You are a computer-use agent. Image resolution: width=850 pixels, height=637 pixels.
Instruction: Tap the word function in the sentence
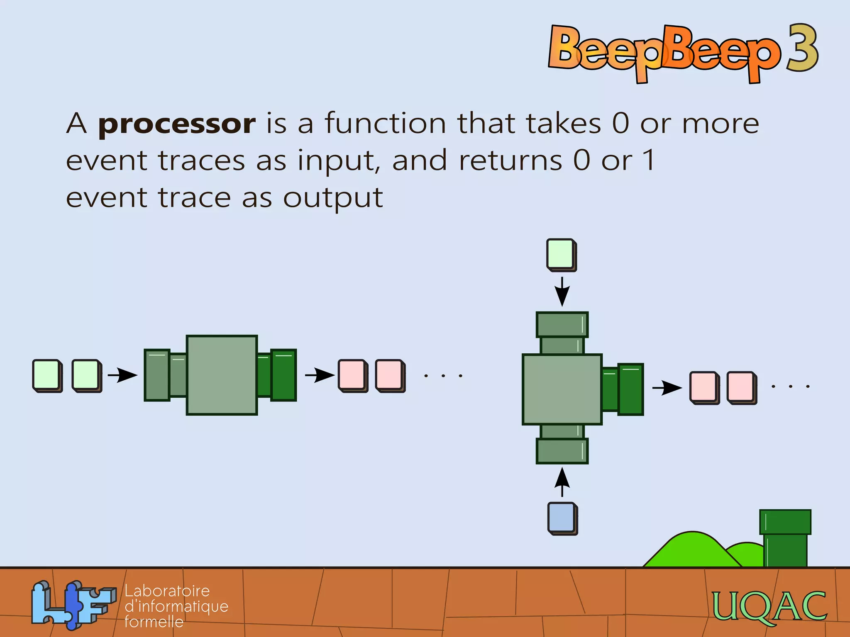point(385,123)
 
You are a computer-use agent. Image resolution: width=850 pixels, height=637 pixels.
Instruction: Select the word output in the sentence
point(333,198)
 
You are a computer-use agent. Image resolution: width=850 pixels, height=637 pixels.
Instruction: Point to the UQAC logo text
point(769,606)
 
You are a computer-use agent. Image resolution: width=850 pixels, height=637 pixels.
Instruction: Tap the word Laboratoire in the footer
point(167,591)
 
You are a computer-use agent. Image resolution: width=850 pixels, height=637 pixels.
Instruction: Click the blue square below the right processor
point(562,518)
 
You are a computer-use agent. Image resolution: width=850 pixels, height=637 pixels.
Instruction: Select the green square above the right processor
point(561,254)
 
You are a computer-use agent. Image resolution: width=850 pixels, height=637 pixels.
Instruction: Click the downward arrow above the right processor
point(562,292)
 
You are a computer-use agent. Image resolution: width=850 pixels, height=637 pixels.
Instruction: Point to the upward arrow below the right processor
point(562,482)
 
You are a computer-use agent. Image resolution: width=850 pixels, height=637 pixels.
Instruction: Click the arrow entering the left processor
point(122,375)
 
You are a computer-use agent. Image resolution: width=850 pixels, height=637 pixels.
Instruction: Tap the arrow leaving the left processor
point(320,375)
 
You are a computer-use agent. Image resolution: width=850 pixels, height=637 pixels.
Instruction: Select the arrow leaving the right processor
point(667,388)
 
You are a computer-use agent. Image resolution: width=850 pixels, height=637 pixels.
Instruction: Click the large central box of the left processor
point(222,375)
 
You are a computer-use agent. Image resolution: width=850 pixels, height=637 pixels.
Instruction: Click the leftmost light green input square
point(46,375)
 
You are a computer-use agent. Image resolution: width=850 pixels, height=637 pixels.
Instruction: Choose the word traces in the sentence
point(202,161)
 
